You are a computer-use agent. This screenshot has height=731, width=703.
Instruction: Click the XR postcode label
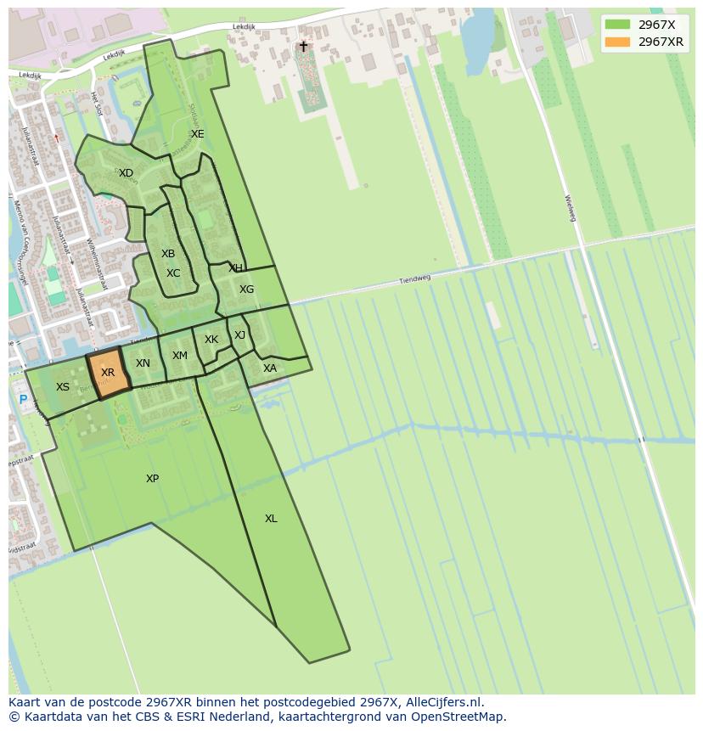(x=108, y=373)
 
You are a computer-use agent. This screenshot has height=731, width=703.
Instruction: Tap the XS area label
(x=63, y=387)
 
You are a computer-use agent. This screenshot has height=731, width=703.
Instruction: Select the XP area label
(x=152, y=479)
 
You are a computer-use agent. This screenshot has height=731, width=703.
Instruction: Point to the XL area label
(x=271, y=519)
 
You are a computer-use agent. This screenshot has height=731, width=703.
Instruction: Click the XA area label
(x=270, y=368)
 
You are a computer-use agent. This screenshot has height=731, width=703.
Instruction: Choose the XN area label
(x=143, y=363)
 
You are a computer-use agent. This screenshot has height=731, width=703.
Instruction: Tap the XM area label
(x=180, y=356)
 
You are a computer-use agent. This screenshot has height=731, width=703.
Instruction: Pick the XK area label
(x=211, y=340)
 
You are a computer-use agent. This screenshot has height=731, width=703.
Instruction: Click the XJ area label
(x=239, y=335)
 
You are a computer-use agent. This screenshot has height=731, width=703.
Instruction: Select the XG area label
(x=246, y=290)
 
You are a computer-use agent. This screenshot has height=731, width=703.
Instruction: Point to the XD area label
(x=126, y=173)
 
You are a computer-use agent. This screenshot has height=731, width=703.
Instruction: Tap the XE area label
(x=197, y=134)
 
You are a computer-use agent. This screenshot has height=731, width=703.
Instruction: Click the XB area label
(x=168, y=254)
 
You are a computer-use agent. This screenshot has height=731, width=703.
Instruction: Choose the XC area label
(x=173, y=273)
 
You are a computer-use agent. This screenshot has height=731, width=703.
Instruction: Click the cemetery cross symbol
(x=303, y=47)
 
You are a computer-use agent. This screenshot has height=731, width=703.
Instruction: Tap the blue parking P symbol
(x=23, y=400)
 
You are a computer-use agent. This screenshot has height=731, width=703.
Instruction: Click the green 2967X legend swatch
(x=618, y=25)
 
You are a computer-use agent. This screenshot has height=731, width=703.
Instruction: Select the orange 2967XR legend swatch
(x=618, y=42)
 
